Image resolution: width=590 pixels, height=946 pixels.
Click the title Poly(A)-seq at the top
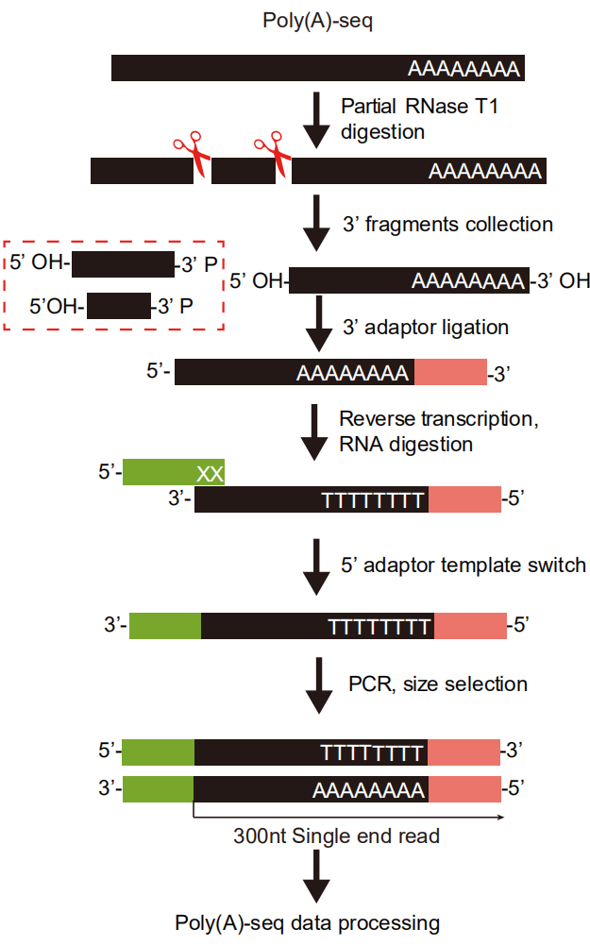tap(317, 21)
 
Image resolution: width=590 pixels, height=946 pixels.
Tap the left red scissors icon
tap(193, 153)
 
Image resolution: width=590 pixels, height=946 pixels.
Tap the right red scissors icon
tap(273, 153)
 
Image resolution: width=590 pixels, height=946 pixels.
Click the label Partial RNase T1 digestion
tap(420, 119)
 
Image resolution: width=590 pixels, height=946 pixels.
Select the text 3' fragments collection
tap(447, 225)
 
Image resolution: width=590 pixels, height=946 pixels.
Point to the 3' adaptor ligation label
tap(426, 327)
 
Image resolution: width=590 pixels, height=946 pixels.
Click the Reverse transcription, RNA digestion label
tap(439, 431)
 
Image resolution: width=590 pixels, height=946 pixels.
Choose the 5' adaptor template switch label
tap(464, 566)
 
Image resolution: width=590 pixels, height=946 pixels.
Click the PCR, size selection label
tap(438, 684)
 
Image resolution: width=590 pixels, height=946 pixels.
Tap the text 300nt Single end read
tap(337, 836)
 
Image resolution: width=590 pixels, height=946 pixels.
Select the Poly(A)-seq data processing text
tap(307, 923)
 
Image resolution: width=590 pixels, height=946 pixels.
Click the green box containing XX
tap(174, 472)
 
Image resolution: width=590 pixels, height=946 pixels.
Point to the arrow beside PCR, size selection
tap(318, 686)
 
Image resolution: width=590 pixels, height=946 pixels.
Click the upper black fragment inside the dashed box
tap(123, 264)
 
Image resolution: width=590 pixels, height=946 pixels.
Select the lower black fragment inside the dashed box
tap(119, 306)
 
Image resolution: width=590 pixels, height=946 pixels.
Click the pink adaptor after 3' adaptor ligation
tap(450, 372)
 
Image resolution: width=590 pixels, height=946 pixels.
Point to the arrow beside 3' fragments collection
tap(316, 223)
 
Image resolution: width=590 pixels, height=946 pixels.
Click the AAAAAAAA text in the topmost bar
tap(464, 69)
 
